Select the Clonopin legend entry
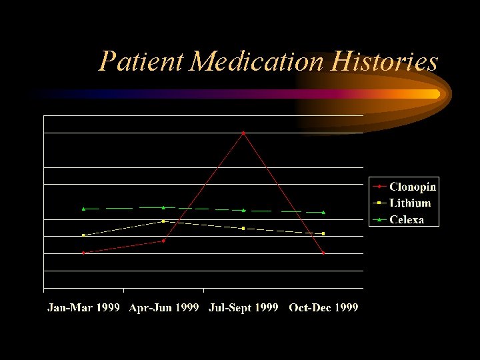click(412, 187)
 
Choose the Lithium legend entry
click(409, 203)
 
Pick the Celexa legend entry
click(406, 219)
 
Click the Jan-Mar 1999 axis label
click(83, 307)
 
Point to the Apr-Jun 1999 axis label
click(163, 307)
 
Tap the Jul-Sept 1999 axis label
click(243, 307)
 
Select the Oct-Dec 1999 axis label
click(323, 307)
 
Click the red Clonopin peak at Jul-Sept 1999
click(243, 133)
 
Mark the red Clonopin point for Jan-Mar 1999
click(83, 253)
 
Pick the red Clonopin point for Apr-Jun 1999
click(163, 241)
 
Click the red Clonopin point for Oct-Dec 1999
click(323, 253)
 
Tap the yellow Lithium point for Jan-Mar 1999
click(83, 235)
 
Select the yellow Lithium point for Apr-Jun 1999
click(163, 221)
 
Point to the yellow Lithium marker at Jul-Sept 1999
click(243, 228)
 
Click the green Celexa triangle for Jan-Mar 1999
click(83, 209)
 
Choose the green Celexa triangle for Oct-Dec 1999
click(323, 212)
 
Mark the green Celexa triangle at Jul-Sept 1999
click(243, 210)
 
